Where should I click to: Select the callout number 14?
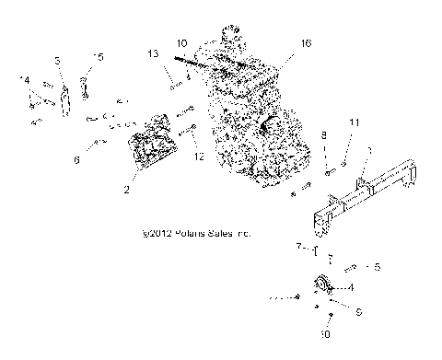tap(25, 81)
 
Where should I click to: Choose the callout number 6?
tap(76, 160)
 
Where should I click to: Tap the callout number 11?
tap(354, 122)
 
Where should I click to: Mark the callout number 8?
tap(324, 135)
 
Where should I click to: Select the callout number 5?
tap(376, 267)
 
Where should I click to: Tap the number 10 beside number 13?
tap(182, 43)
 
